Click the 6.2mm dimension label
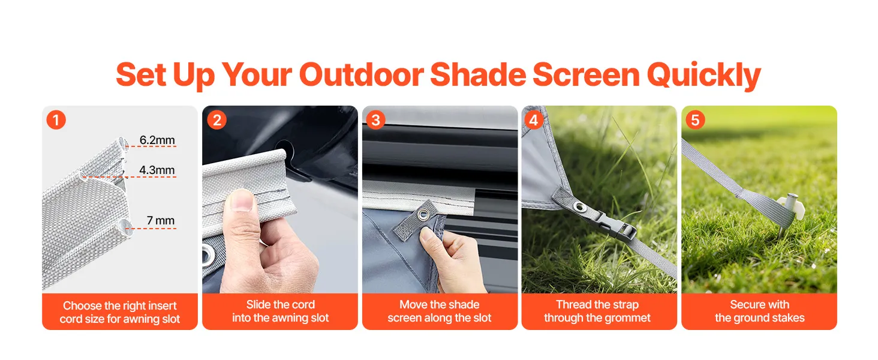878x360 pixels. coord(157,140)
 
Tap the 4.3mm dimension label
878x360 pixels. coord(157,170)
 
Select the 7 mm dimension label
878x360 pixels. coord(161,220)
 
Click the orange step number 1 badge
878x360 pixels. coord(56,119)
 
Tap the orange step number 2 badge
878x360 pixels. coord(217,119)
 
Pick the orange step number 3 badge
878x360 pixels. coord(375,119)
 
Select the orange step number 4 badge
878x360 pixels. coord(534,119)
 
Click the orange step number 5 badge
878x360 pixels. coord(695,119)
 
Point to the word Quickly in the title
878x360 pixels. coord(704,75)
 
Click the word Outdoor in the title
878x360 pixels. coord(361,74)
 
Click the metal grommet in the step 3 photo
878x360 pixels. coord(423,214)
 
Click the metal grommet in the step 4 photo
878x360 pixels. coord(579,206)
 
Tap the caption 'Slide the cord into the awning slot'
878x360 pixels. coord(280,311)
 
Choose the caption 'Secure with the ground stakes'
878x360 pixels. coord(760,311)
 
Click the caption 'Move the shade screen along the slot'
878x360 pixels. coord(440,311)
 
